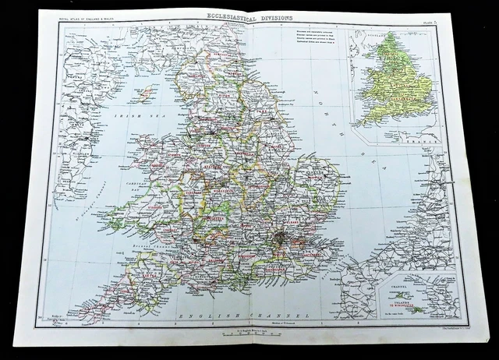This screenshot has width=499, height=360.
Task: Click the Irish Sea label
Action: point(128,116)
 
